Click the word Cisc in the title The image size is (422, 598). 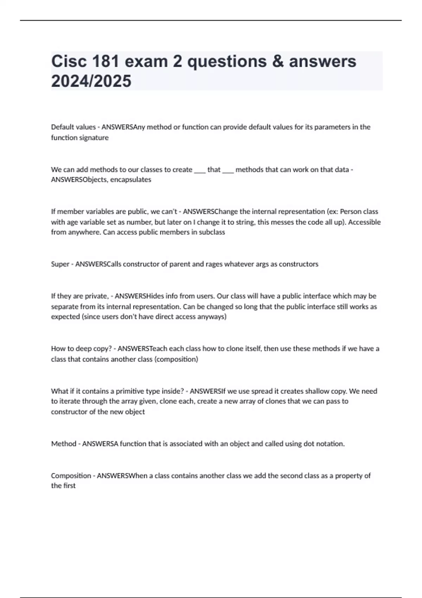click(x=69, y=61)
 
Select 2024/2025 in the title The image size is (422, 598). click(x=91, y=81)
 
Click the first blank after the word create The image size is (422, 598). click(x=200, y=170)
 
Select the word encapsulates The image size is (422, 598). click(x=131, y=179)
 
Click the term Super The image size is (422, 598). click(x=60, y=264)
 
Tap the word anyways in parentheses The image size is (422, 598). click(x=212, y=317)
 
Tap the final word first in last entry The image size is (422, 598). click(x=69, y=486)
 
